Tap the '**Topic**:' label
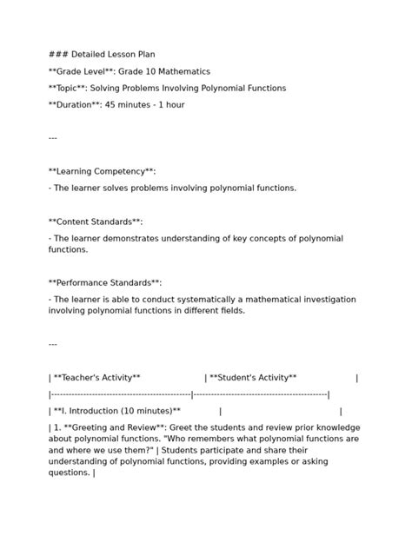coord(71,89)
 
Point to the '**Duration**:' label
coord(79,105)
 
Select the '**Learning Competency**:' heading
coord(102,172)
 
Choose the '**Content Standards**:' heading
coord(96,222)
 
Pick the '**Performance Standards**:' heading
coord(105,283)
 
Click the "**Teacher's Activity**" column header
coord(96,378)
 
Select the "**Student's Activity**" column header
coord(253,378)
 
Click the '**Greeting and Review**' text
coord(114,427)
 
